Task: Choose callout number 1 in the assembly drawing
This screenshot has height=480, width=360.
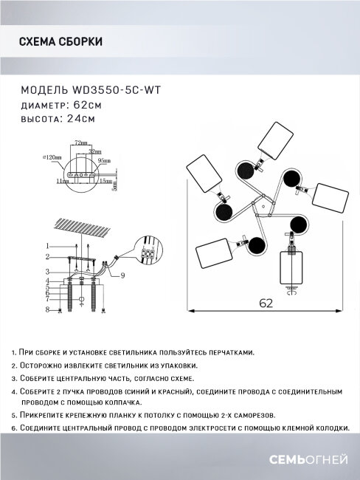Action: tap(46, 245)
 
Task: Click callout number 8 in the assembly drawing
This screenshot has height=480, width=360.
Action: tap(46, 311)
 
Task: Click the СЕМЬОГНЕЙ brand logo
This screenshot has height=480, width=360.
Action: tap(312, 460)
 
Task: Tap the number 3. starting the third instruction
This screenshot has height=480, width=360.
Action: tap(15, 377)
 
